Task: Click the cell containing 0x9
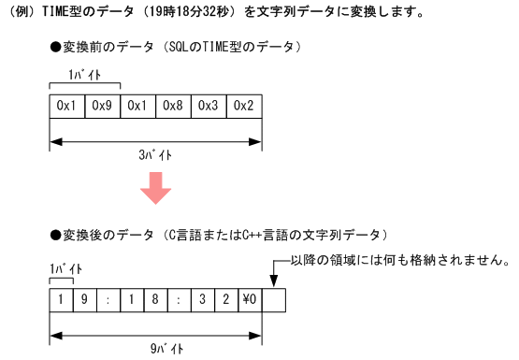(103, 106)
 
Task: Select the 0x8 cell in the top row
(173, 106)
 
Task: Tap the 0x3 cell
(208, 106)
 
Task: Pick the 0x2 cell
(243, 106)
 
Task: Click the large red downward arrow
(155, 189)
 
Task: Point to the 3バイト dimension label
(155, 157)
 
